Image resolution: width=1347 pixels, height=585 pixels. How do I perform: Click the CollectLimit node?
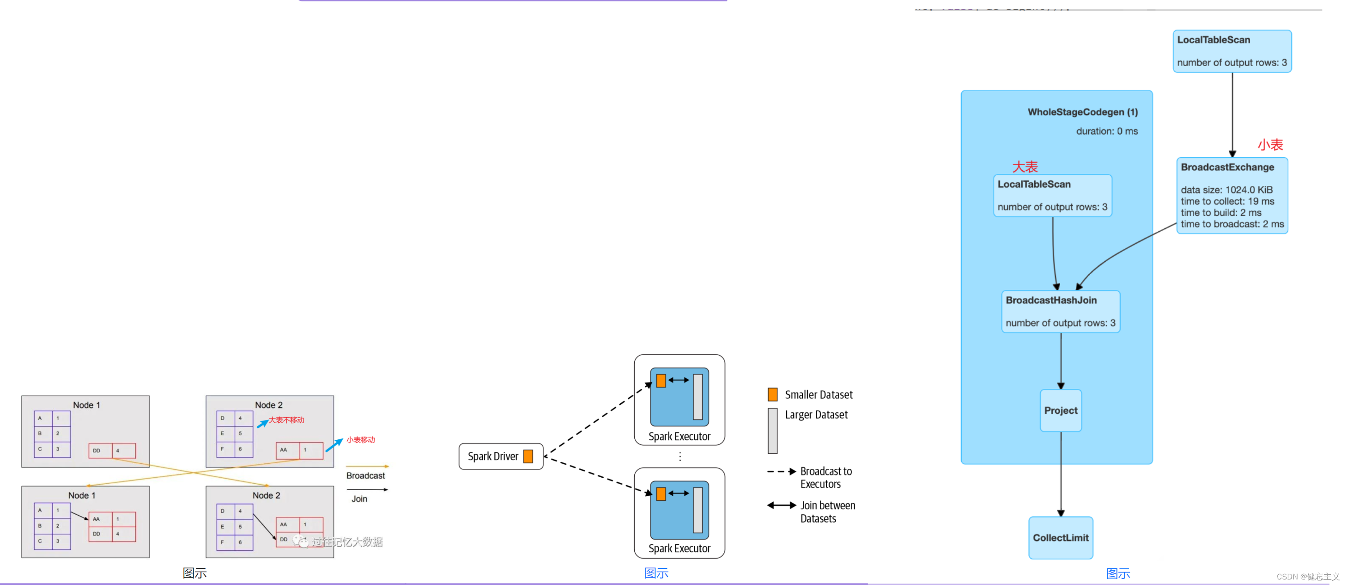(1060, 537)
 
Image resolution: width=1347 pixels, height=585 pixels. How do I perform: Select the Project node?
(1060, 410)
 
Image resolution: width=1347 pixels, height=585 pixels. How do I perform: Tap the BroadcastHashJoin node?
(1060, 311)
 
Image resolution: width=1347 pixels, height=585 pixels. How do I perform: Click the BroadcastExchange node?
(1232, 195)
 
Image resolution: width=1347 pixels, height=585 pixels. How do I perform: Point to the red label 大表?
(1025, 167)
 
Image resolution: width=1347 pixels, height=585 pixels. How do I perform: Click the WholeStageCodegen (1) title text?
(1082, 112)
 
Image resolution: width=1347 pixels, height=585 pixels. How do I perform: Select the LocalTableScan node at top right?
(1232, 51)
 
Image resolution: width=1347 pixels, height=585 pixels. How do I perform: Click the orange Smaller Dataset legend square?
(772, 394)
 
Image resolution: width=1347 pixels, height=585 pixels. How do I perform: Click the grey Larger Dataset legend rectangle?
(772, 430)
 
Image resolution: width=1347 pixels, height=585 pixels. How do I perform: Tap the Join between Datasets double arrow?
(781, 505)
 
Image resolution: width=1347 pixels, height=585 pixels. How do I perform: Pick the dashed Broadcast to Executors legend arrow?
(781, 471)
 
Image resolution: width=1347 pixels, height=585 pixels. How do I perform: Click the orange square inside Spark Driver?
(528, 456)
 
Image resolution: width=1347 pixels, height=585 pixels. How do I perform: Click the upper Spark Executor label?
(679, 437)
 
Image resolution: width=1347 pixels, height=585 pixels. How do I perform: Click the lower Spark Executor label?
(679, 548)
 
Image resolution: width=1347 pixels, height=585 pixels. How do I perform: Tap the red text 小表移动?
(360, 439)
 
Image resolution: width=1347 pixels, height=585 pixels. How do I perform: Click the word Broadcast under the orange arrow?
(365, 476)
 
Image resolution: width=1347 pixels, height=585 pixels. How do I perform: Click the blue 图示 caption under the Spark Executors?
(656, 573)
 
